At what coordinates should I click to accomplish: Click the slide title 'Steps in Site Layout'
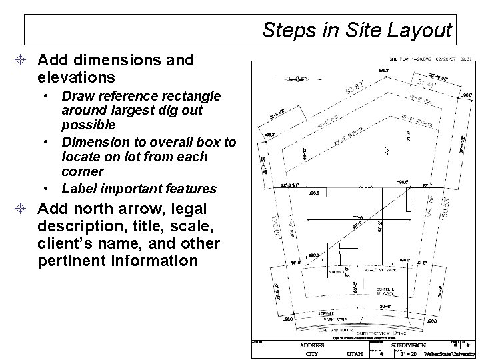click(x=357, y=30)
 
